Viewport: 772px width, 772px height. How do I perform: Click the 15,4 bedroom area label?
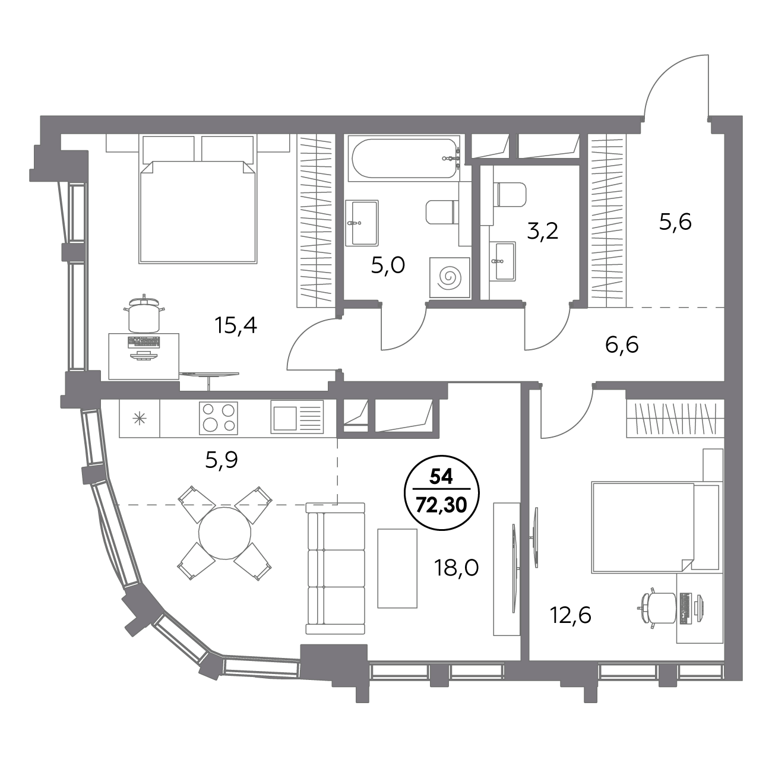(236, 325)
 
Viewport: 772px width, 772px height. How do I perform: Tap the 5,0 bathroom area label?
(388, 265)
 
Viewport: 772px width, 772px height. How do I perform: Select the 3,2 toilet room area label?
(542, 231)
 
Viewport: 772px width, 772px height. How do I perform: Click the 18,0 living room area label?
(456, 568)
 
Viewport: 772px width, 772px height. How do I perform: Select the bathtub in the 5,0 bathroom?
(404, 158)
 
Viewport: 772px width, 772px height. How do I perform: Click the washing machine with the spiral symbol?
(449, 277)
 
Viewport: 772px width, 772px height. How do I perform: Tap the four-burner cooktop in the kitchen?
(219, 418)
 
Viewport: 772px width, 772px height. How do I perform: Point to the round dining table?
(224, 533)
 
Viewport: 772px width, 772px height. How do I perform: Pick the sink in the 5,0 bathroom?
(362, 223)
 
